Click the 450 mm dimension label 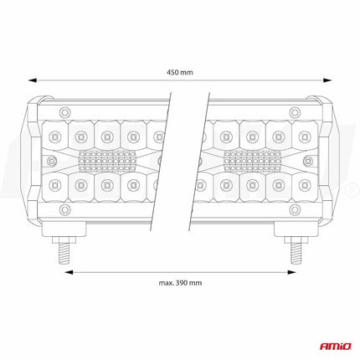180,72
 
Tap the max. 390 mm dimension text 180,284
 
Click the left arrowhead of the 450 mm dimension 34,81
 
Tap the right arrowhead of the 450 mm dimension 326,81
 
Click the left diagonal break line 170,159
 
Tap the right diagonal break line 200,159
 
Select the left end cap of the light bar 36,159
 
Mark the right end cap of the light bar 324,159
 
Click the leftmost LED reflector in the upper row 55,134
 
